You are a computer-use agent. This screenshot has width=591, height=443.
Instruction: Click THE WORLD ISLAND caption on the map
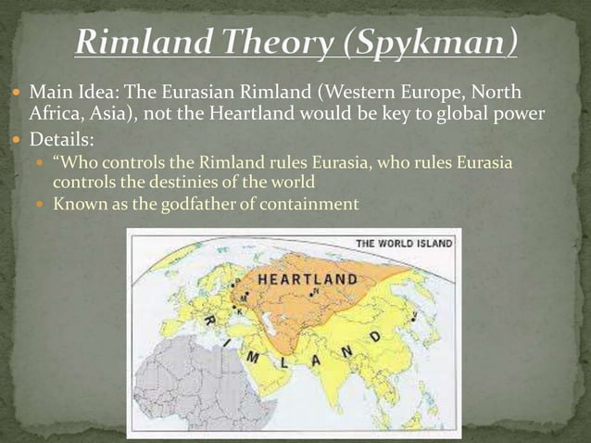pos(405,244)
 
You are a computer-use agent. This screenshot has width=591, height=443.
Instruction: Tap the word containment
pos(310,203)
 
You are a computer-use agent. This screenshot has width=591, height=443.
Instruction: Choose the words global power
pos(497,115)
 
